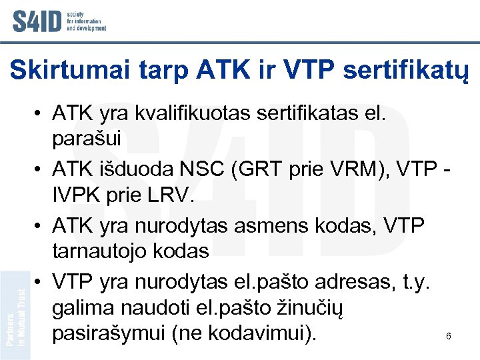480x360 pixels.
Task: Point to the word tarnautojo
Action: [x=104, y=251]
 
